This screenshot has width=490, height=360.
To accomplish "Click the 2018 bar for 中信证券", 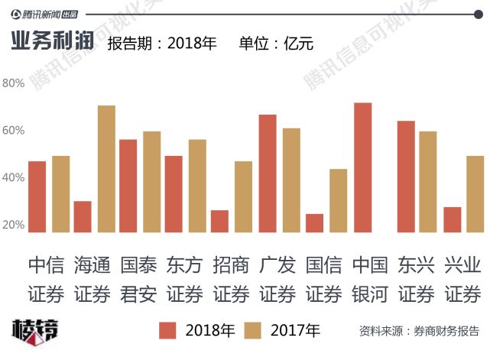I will click(37, 196).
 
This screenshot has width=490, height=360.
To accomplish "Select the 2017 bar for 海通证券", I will click(106, 169).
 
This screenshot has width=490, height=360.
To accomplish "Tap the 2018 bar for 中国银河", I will click(362, 167).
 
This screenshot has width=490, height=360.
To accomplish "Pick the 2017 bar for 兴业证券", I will click(475, 194).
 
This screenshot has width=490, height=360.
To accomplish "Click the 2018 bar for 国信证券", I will click(314, 222).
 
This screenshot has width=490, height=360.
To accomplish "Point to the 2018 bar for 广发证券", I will click(268, 174).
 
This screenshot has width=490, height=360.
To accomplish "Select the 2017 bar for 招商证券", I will click(243, 196).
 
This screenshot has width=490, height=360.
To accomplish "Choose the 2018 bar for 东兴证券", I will click(406, 177).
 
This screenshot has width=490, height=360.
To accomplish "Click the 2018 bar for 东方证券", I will click(174, 194).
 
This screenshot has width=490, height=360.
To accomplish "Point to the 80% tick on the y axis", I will click(13, 83).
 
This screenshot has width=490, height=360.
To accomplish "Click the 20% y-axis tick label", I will click(13, 225).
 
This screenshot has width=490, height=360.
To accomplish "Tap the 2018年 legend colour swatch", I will click(167, 330).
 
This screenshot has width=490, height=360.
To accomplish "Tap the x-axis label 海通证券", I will click(92, 279).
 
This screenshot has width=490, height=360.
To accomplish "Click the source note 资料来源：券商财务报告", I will click(419, 332).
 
